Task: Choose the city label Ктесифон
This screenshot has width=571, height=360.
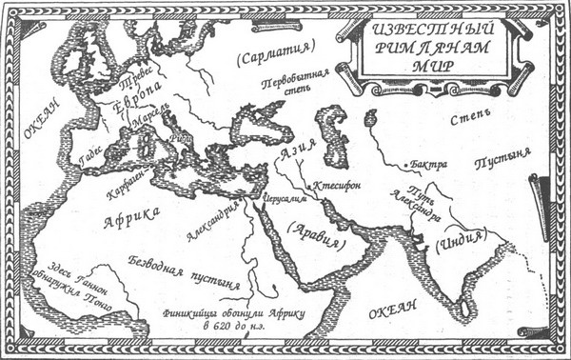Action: (340, 182)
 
